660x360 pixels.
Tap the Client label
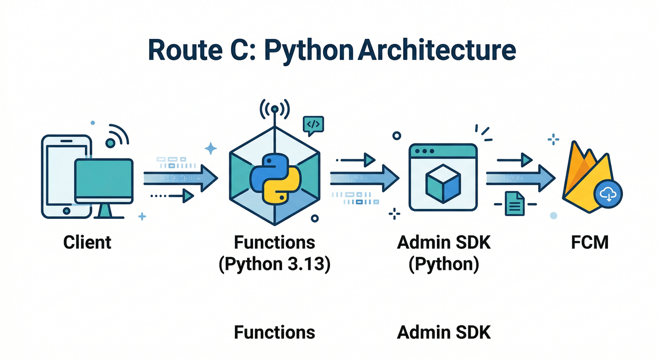click(x=87, y=242)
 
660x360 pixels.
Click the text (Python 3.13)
click(x=275, y=264)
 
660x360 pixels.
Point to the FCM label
click(x=590, y=242)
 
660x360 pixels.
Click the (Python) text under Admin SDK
click(x=443, y=264)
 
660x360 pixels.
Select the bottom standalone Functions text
click(x=275, y=332)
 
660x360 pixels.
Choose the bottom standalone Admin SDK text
click(x=443, y=332)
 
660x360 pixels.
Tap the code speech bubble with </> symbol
click(x=313, y=124)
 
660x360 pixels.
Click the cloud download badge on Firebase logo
click(x=608, y=193)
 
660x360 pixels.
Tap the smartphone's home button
click(x=66, y=210)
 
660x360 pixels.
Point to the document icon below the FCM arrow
click(x=514, y=203)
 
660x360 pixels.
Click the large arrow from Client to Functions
click(x=180, y=178)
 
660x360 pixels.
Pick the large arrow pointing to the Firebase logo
click(x=520, y=178)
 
